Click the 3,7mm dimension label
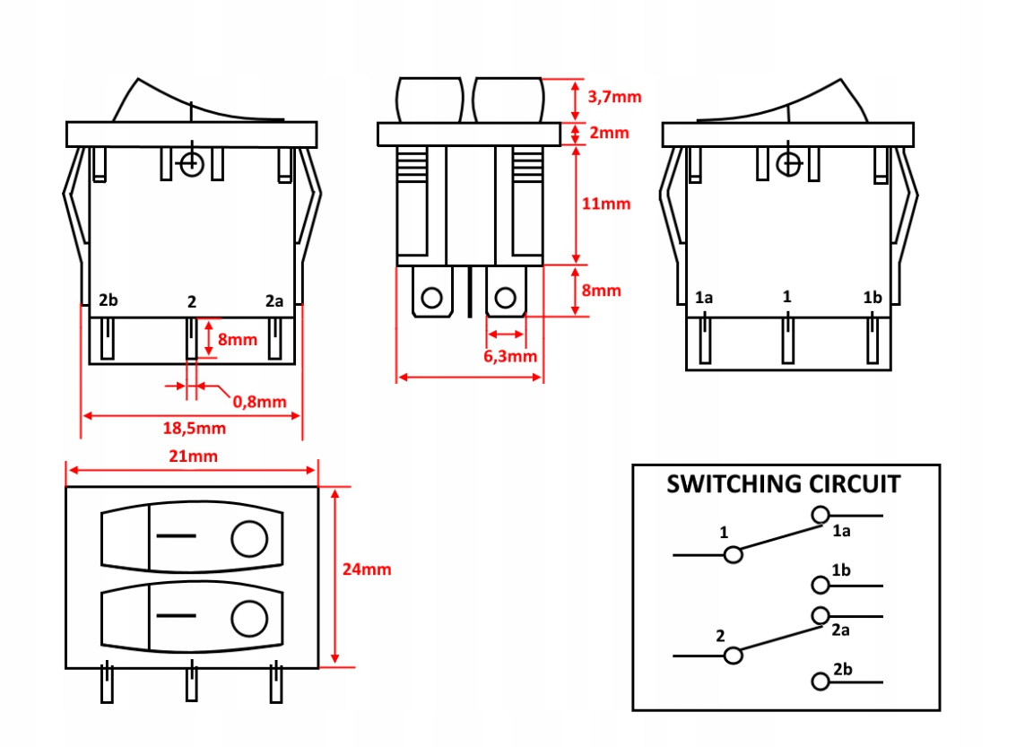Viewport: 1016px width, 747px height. click(x=614, y=97)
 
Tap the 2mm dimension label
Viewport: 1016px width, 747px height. click(x=609, y=134)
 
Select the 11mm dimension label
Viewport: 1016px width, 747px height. click(x=606, y=204)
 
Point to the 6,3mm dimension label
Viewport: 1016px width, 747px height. click(x=510, y=356)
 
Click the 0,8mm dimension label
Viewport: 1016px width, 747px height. click(x=259, y=401)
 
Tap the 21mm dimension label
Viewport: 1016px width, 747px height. click(x=192, y=456)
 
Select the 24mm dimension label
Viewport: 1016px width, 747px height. click(x=367, y=569)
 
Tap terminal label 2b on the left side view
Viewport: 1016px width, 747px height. click(x=109, y=300)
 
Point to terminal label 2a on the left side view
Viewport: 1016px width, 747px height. click(x=274, y=300)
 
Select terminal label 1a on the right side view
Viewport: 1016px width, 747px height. click(x=704, y=297)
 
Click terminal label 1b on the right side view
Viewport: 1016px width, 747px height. click(x=872, y=297)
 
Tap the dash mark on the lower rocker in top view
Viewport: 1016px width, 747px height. click(x=176, y=616)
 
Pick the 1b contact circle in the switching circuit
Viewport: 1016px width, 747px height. click(x=820, y=585)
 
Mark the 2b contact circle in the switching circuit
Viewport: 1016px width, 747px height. click(x=820, y=682)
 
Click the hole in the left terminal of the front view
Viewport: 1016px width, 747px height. click(x=432, y=298)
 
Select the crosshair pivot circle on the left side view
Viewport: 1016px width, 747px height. click(x=190, y=164)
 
